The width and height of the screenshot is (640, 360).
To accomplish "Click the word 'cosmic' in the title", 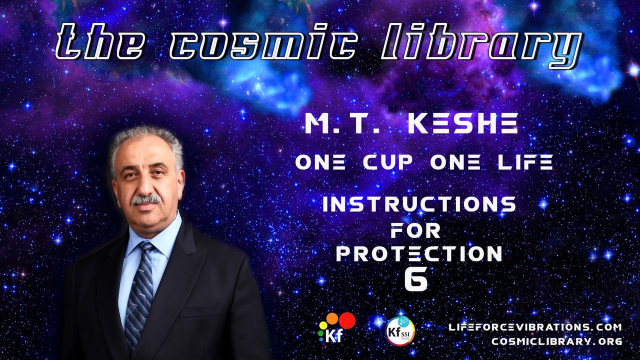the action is pyautogui.click(x=262, y=42).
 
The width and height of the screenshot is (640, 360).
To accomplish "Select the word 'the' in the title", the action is pyautogui.click(x=99, y=42).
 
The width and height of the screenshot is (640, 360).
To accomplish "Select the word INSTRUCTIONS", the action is pyautogui.click(x=419, y=204).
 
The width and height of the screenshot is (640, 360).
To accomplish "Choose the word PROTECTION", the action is pyautogui.click(x=419, y=253).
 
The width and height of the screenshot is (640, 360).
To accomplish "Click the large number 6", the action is pyautogui.click(x=416, y=279).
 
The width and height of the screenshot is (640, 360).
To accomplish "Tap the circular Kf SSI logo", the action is pyautogui.click(x=400, y=331).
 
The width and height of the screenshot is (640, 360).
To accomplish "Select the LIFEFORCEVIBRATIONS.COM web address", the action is pyautogui.click(x=535, y=327).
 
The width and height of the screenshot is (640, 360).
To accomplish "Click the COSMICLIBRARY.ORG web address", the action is pyautogui.click(x=557, y=341).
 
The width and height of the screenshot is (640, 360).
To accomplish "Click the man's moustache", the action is pyautogui.click(x=145, y=199).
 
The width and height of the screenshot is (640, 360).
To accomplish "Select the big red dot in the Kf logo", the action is pyautogui.click(x=347, y=320).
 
